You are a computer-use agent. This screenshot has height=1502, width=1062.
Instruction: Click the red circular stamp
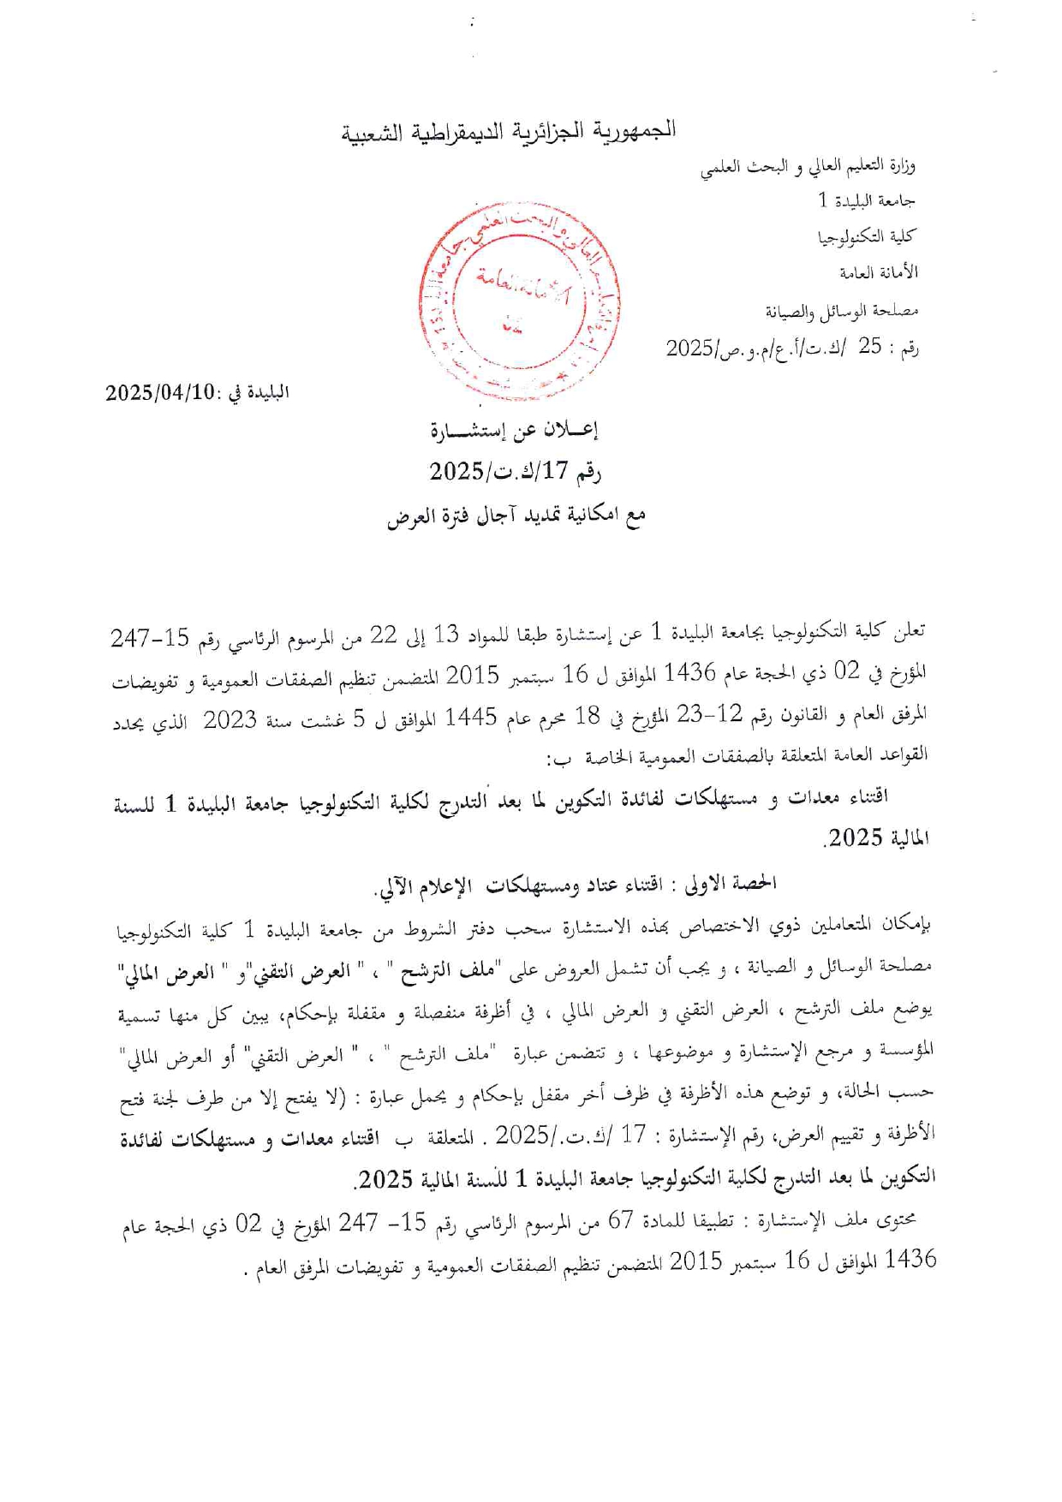point(520,301)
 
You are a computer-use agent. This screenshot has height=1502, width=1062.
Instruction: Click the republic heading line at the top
point(510,131)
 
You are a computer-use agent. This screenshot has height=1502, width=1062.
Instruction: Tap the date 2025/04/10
point(160,393)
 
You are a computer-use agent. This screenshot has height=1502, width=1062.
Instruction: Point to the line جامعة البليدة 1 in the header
point(867,201)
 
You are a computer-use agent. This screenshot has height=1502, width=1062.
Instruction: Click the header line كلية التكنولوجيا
point(867,237)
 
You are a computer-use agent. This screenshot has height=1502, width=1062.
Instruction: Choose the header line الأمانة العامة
point(878,273)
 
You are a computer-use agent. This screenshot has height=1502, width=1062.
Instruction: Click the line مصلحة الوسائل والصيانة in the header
point(841,310)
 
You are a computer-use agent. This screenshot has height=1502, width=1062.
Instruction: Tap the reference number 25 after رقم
point(870,347)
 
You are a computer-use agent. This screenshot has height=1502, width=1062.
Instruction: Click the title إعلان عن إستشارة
point(514,431)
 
